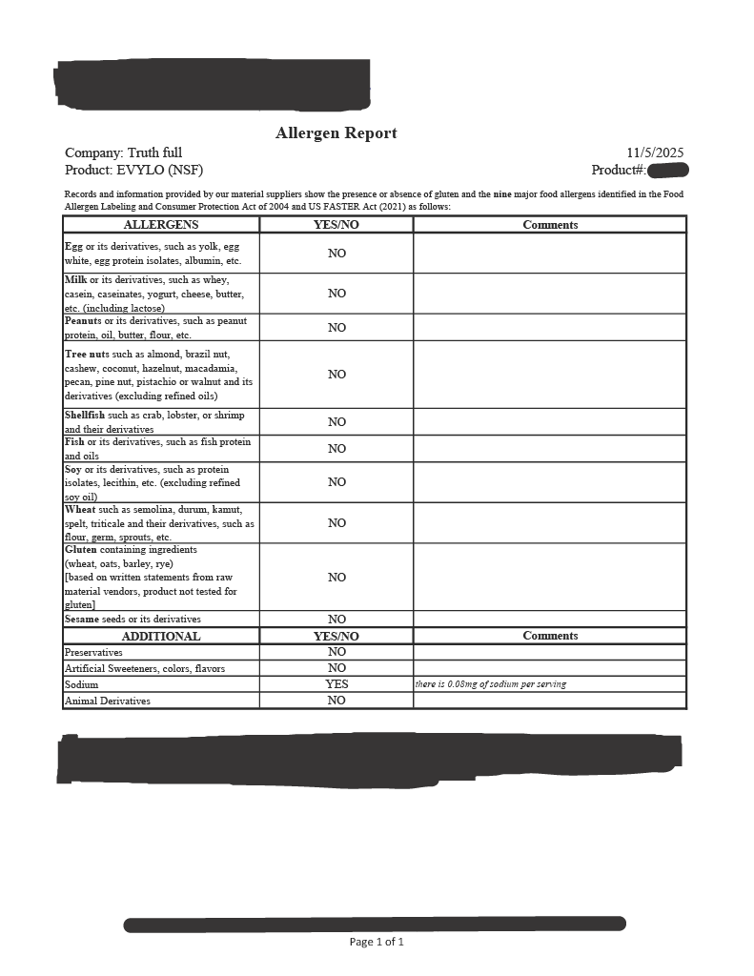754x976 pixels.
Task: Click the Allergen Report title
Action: [336, 133]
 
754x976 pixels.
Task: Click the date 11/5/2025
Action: [655, 152]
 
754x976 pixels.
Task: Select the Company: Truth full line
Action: [124, 152]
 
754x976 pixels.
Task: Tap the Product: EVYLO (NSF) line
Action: [134, 170]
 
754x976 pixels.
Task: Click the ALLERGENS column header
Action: [161, 225]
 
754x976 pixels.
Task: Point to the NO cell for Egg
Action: [336, 254]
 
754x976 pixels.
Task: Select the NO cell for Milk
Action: [336, 294]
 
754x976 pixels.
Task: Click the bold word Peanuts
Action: [81, 321]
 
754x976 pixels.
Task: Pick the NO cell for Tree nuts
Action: [336, 375]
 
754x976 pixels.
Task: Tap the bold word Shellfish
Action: [86, 416]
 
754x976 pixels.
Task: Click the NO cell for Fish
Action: [336, 449]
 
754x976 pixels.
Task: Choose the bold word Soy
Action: [73, 470]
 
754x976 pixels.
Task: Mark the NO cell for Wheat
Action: [336, 523]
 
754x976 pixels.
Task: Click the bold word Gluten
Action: [81, 550]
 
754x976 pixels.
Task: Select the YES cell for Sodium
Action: [336, 684]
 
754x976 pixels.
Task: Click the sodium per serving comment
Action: [490, 684]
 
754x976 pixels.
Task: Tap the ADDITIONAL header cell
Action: [161, 636]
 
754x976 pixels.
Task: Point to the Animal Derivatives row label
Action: [107, 701]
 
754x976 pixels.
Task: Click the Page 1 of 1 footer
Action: [377, 942]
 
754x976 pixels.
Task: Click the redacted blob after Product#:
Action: [668, 171]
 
